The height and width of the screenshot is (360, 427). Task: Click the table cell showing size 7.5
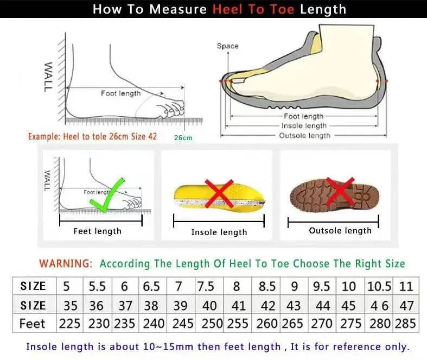(206, 286)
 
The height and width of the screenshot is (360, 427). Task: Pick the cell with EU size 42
(267, 305)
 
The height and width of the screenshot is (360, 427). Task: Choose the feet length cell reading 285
(406, 324)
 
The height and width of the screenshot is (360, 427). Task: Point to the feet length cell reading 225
(70, 324)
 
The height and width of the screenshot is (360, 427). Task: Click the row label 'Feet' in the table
(33, 324)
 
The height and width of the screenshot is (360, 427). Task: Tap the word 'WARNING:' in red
(66, 263)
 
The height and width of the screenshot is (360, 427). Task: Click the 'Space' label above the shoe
(227, 46)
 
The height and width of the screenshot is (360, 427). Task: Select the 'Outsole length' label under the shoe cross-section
(304, 135)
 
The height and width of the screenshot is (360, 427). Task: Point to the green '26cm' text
(183, 138)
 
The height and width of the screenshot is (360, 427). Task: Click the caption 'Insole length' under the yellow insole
(219, 232)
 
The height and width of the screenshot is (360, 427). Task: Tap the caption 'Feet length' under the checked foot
(98, 231)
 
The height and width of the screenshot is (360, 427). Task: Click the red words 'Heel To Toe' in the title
(253, 9)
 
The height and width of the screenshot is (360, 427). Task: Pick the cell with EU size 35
(70, 305)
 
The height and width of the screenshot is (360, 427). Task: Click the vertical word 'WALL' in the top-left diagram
(48, 77)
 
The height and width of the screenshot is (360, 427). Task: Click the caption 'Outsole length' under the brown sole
(340, 230)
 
